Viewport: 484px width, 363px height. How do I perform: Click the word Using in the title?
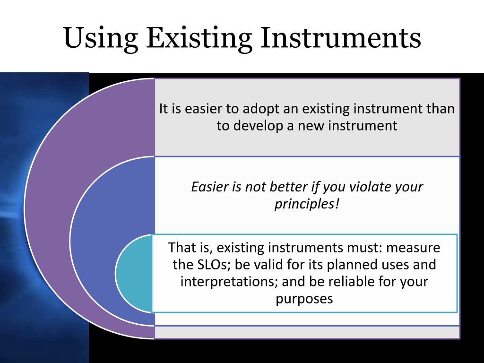pyautogui.click(x=101, y=38)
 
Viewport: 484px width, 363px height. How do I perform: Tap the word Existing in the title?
pyautogui.click(x=199, y=38)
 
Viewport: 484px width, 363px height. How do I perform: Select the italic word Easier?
pyautogui.click(x=209, y=186)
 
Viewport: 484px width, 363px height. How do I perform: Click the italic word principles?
pyautogui.click(x=307, y=204)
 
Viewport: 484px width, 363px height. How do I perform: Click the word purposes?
pyautogui.click(x=304, y=299)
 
